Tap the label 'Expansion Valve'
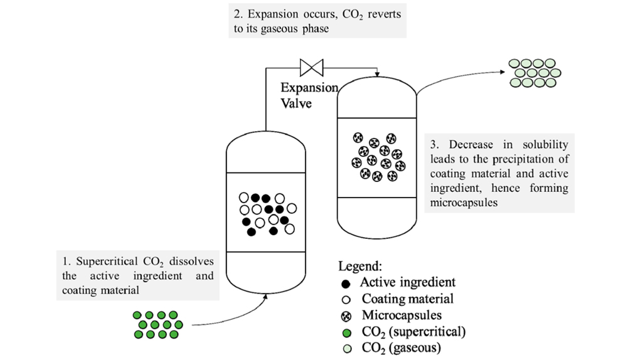tap(309, 95)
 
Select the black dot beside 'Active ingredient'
tap(347, 283)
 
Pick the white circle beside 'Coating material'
tap(347, 299)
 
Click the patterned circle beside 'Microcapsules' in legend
tap(347, 315)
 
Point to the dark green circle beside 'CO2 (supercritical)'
tap(347, 332)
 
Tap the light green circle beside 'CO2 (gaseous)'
tap(347, 348)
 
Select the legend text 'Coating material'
tap(407, 299)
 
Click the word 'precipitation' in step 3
tap(526, 159)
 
